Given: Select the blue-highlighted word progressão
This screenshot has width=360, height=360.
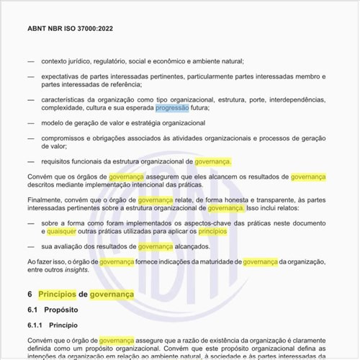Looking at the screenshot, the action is point(172,108).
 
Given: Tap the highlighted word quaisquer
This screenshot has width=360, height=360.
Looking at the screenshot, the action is point(63,232).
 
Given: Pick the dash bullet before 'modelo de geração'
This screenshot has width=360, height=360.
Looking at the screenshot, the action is point(31,123).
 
